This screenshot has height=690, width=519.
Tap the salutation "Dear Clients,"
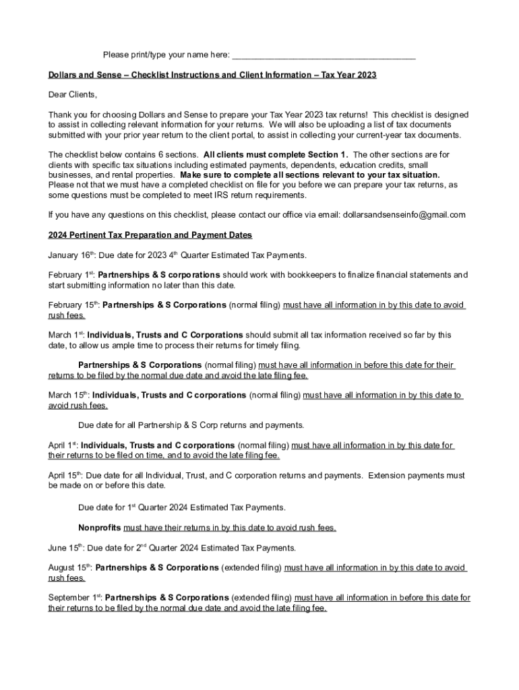[73, 94]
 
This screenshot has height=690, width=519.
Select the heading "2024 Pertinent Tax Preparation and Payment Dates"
[150, 235]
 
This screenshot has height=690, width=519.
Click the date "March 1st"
[65, 335]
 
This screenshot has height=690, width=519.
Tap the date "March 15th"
[67, 395]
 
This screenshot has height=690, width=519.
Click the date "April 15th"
[65, 475]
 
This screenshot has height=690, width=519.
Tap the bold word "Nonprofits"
[100, 528]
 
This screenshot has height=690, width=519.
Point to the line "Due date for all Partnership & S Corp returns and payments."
[191, 425]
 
